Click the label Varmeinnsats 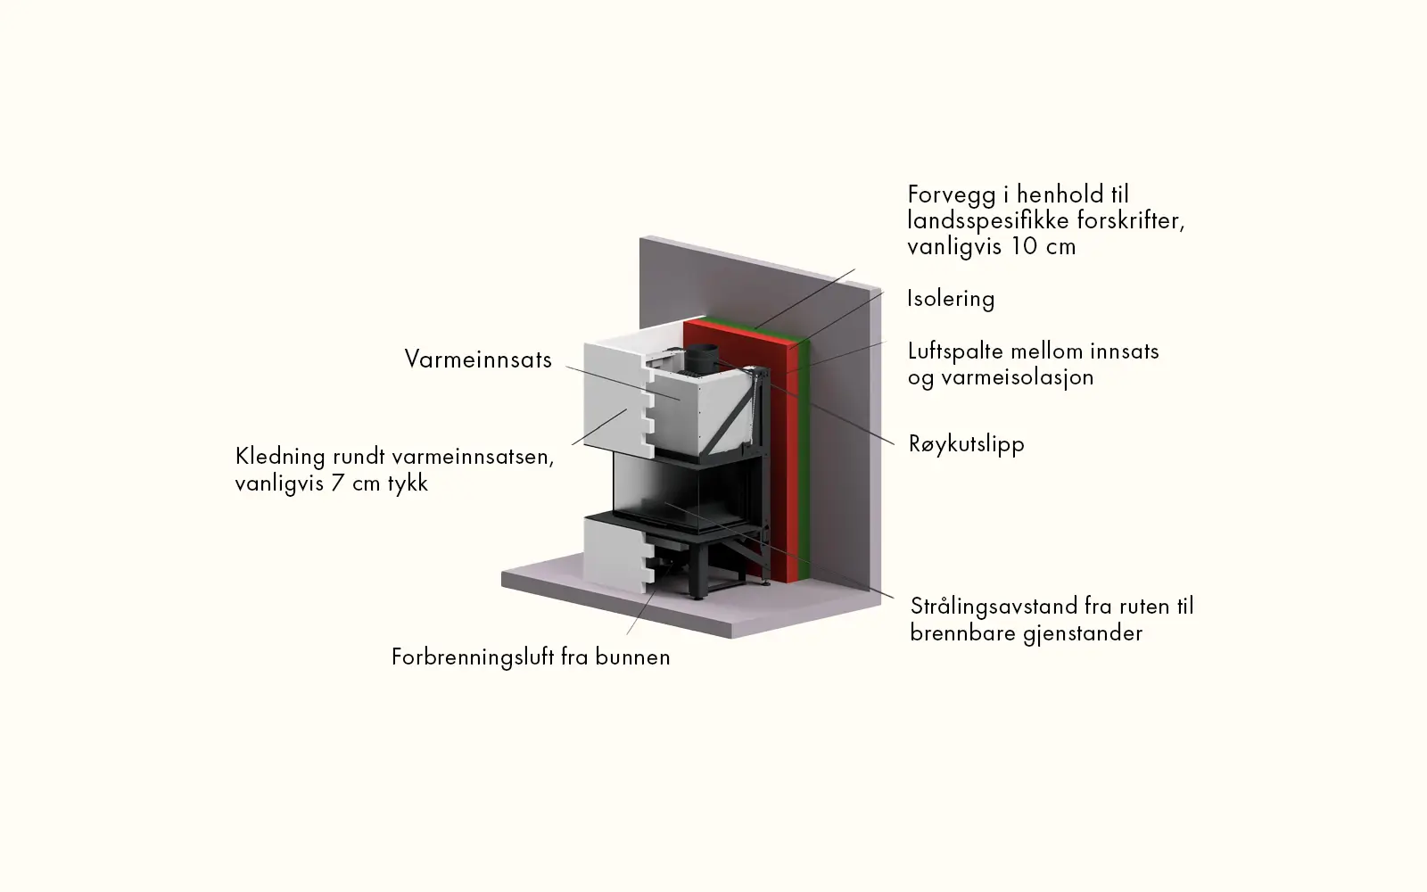click(478, 359)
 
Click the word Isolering click(951, 298)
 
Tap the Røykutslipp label click(966, 443)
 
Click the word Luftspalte click(947, 351)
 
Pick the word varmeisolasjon click(1018, 377)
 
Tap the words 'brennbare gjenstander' click(1026, 633)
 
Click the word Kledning click(280, 457)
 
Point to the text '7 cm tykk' click(378, 483)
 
